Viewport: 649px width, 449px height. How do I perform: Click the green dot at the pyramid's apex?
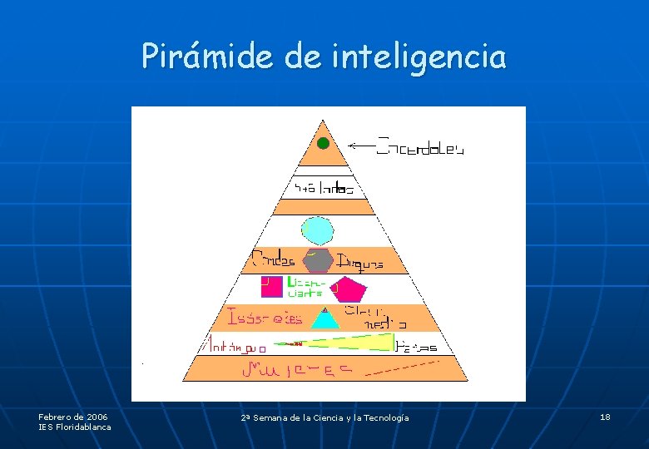point(323,143)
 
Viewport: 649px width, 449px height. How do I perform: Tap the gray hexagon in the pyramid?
point(317,260)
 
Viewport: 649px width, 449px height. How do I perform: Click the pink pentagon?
point(349,289)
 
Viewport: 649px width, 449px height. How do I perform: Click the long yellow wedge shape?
point(349,342)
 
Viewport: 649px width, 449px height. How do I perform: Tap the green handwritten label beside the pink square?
point(305,287)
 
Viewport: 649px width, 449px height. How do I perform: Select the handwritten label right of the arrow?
point(421,148)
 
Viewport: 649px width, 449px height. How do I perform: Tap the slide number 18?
point(605,417)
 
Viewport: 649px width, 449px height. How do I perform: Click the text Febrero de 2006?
point(72,416)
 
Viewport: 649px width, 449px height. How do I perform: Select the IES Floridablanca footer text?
point(74,427)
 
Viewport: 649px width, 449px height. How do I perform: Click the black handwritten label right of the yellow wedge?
point(416,346)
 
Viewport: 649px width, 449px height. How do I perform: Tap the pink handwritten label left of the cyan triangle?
point(265,318)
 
